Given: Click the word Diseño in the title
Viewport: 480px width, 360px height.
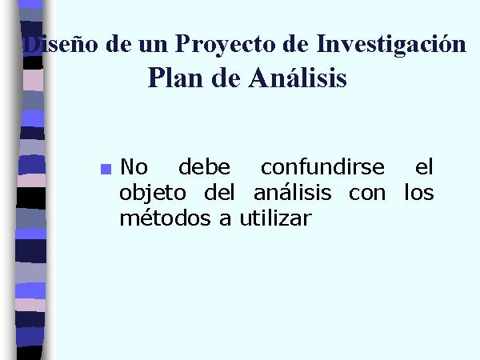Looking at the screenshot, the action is (x=60, y=44).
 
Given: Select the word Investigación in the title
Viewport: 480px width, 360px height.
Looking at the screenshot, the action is (x=391, y=45).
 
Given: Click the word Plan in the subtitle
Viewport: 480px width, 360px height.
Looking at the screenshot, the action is (x=175, y=78).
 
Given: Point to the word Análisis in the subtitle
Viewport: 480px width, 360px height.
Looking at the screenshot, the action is (x=298, y=77).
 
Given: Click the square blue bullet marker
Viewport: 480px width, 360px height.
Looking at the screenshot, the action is (x=106, y=170).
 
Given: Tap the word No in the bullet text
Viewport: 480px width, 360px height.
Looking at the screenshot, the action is (x=134, y=167).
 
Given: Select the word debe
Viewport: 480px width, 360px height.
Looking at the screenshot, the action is (x=204, y=166).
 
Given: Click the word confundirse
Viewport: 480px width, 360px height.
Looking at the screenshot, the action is (x=322, y=166).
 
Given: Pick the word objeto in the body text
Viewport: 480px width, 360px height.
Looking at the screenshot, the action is (x=153, y=194).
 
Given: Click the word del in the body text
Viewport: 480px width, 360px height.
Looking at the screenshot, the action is (x=219, y=192).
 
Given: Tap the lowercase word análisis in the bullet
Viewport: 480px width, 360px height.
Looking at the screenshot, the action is (x=293, y=192).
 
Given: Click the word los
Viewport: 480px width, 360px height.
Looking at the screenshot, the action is (x=419, y=192).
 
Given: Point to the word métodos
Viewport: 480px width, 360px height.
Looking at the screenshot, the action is (x=166, y=218).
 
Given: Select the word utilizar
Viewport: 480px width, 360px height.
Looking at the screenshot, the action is (x=276, y=218).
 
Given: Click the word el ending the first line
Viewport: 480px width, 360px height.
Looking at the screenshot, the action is (x=424, y=166).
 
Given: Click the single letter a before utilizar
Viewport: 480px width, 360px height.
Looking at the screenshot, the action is (x=225, y=220).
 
